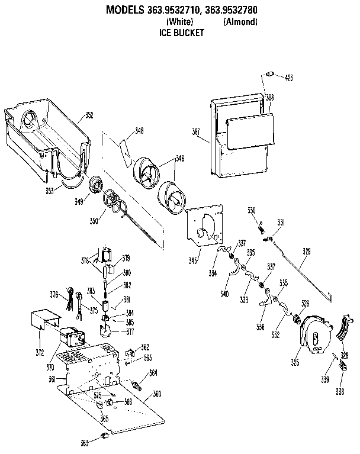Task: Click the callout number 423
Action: pos(288,78)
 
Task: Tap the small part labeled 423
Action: pos(269,74)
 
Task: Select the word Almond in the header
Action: pos(240,22)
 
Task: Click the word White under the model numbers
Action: pos(180,22)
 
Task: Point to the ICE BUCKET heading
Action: pos(182,33)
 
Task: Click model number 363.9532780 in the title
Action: pos(228,10)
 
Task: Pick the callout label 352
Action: pos(89,115)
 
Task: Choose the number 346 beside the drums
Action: pos(179,159)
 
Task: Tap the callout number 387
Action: pos(197,131)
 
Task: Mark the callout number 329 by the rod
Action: pos(306,252)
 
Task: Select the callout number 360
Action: pos(157,394)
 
